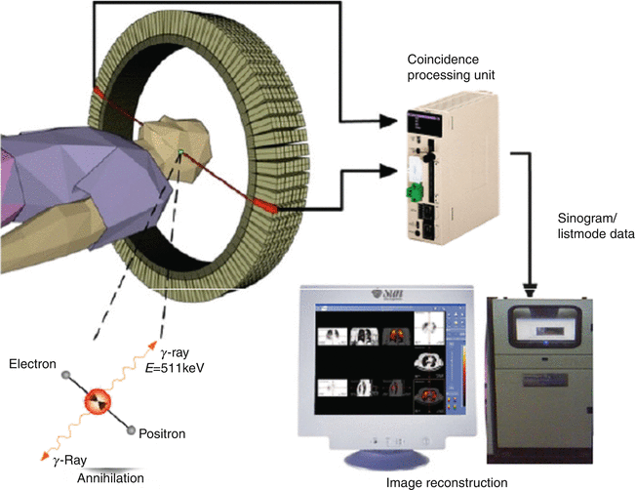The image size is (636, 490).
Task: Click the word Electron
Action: click(x=33, y=364)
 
